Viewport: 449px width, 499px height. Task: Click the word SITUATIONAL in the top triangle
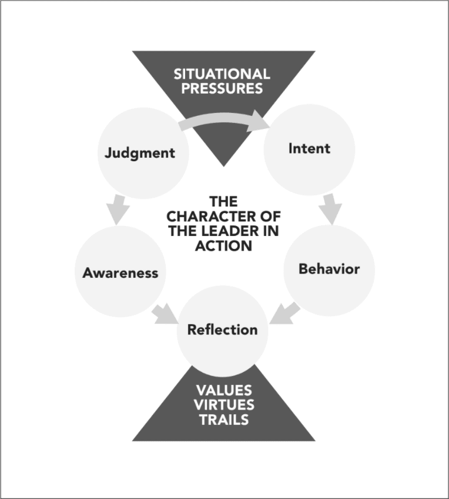point(222,75)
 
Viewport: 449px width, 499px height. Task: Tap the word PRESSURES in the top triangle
point(222,89)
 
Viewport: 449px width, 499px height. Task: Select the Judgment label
point(140,153)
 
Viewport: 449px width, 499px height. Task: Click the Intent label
point(309,148)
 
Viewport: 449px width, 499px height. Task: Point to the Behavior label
point(329,270)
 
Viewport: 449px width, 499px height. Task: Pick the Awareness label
point(120,273)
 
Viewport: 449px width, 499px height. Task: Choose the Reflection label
point(222,330)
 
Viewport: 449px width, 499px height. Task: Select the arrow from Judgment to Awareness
point(119,211)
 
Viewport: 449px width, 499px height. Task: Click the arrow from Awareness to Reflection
point(166,314)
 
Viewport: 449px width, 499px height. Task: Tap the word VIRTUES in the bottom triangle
point(223,405)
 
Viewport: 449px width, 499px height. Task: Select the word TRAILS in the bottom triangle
point(223,419)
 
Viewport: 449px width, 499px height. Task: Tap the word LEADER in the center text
point(230,230)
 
